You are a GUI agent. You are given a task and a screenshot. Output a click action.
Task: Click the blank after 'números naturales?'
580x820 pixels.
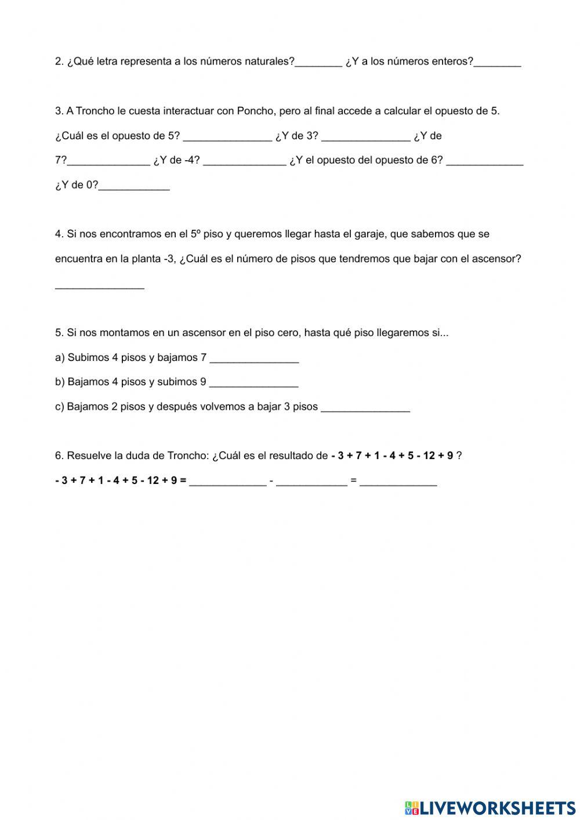pos(318,62)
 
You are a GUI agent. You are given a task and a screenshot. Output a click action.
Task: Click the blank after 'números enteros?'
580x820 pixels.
pos(497,62)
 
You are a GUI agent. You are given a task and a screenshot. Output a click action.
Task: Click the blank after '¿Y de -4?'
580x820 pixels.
pos(244,161)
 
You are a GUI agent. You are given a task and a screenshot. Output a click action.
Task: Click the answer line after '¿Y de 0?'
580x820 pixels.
pos(134,186)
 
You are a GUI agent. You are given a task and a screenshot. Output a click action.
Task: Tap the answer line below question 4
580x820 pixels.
pos(99,284)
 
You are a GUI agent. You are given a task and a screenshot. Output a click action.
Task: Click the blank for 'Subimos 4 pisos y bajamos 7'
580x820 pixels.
pos(254,358)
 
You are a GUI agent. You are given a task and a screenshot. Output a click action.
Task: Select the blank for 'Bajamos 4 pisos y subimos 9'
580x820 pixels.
pos(253,382)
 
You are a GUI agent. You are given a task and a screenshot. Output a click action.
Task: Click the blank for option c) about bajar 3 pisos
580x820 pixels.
pos(365,407)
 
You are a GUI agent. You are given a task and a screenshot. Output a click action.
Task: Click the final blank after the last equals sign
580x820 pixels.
pos(398,481)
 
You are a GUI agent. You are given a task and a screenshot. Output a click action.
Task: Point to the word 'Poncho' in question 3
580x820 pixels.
pos(255,111)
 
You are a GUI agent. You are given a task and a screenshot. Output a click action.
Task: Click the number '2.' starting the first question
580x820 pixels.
pos(59,62)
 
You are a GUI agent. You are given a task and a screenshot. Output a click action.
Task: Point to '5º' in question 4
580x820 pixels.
pos(195,234)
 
